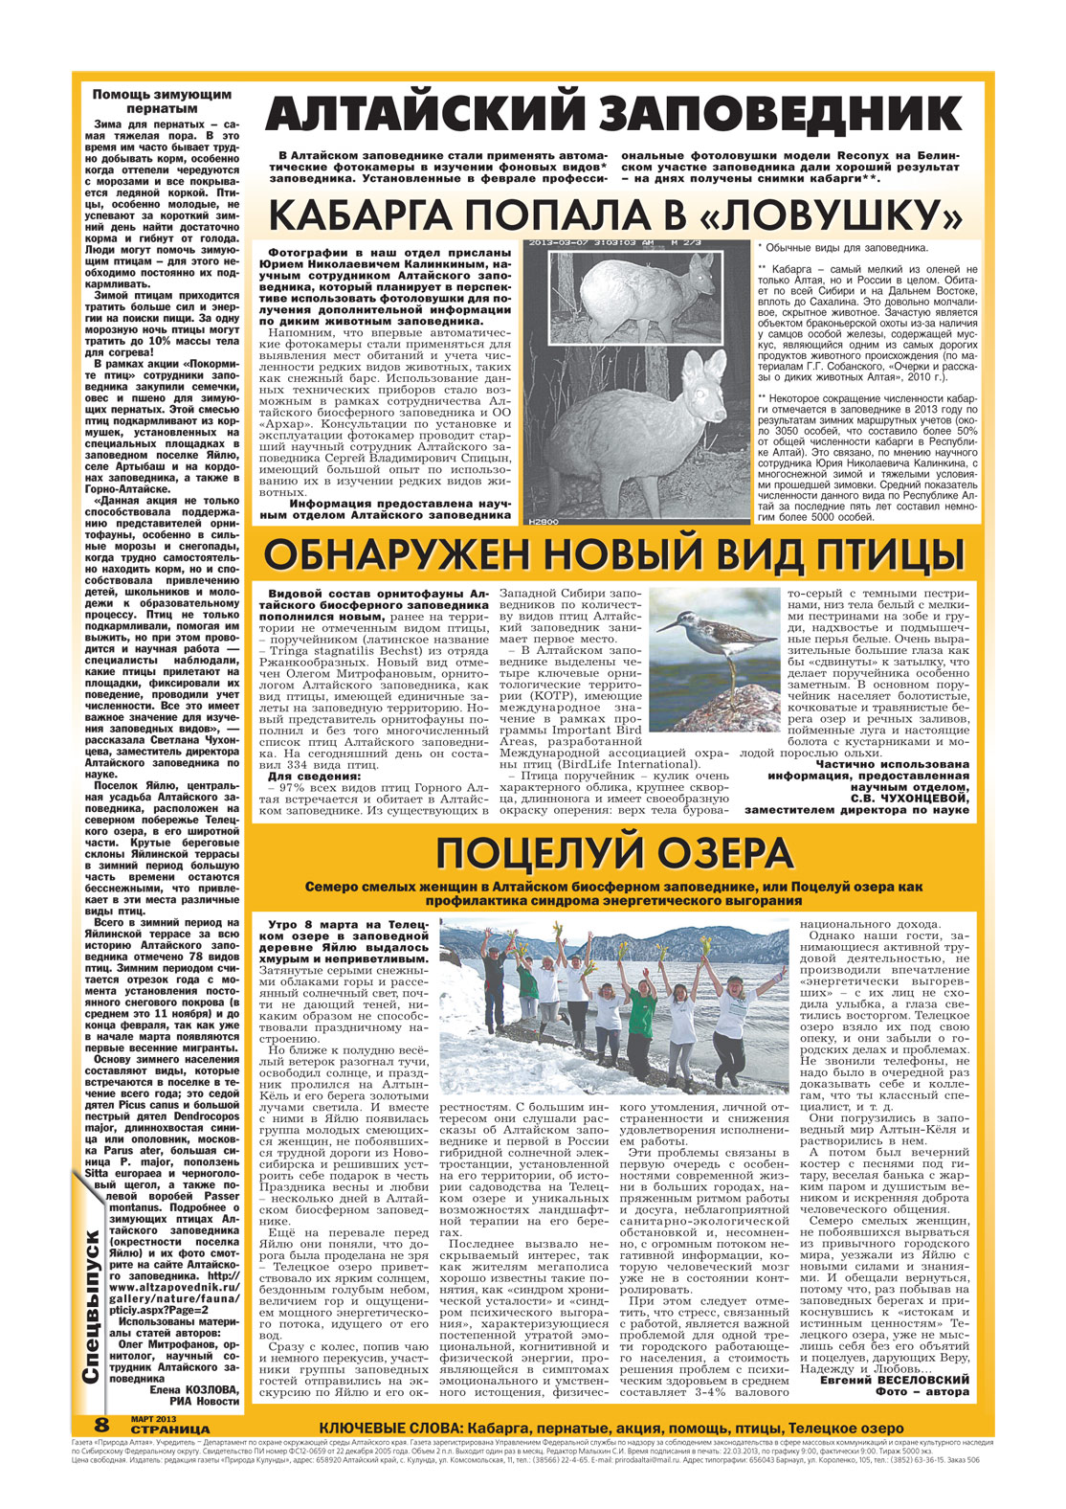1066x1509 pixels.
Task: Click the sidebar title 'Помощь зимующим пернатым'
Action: point(162,101)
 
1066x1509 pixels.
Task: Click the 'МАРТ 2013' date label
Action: point(152,1418)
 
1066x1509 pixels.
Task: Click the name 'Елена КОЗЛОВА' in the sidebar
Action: point(192,1388)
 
